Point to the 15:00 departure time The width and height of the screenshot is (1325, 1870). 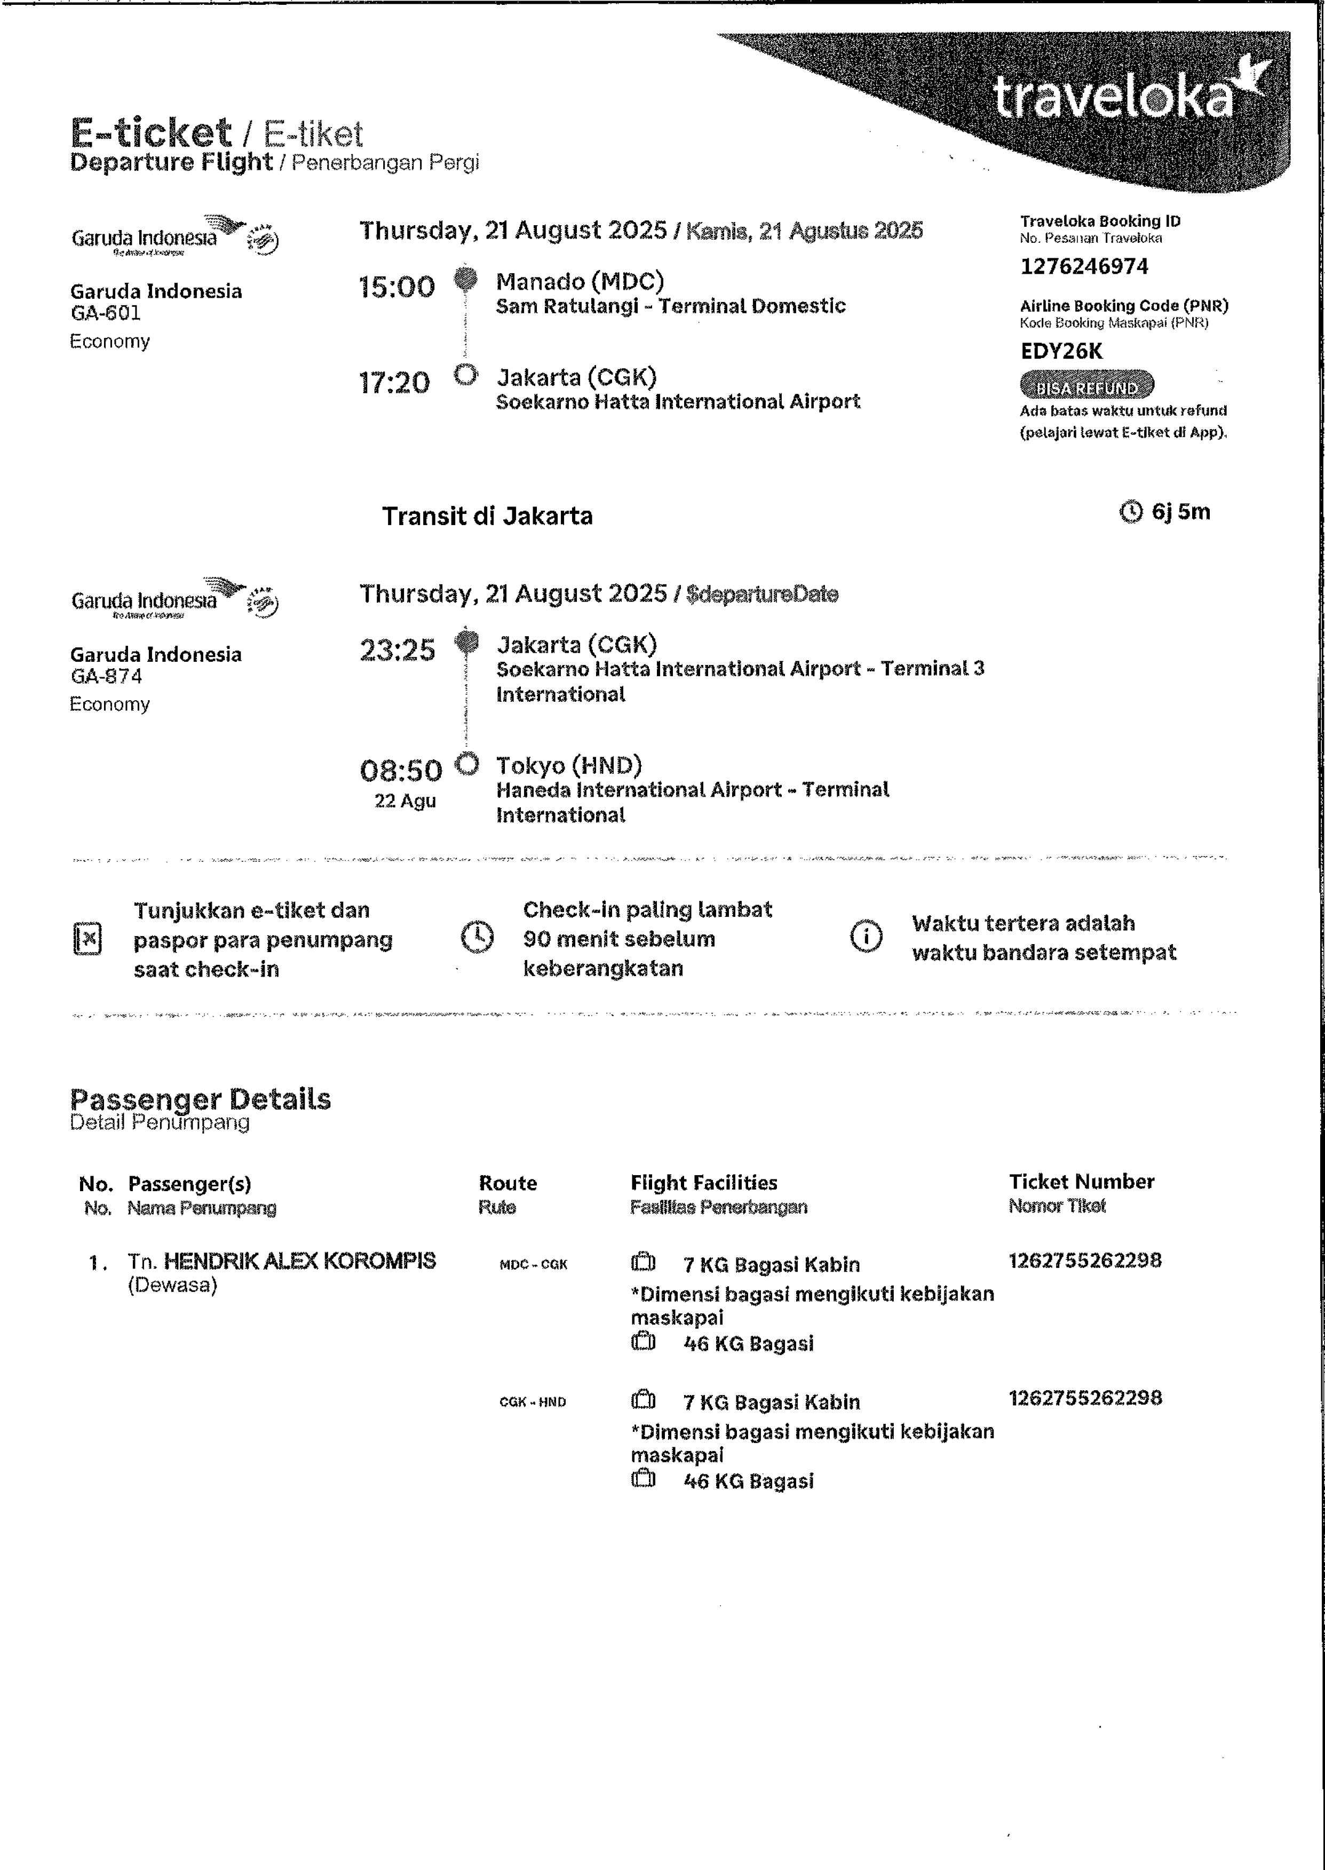pos(396,287)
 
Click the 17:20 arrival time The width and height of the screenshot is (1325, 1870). pos(394,383)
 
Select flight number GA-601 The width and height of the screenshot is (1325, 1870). pos(105,313)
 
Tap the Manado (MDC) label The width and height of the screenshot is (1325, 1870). pos(580,281)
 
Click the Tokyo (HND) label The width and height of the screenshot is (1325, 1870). pos(569,765)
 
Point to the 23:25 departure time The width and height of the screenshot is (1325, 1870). pos(398,650)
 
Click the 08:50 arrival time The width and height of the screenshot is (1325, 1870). pos(401,770)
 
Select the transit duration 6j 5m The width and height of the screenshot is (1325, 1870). pos(1180,512)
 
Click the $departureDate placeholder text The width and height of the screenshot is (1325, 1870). pos(762,594)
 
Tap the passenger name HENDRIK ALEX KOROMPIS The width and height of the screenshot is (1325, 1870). pos(299,1262)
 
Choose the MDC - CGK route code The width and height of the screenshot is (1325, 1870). pos(533,1265)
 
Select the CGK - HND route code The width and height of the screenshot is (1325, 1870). pos(533,1401)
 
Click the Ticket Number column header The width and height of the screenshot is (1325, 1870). pos(1081,1182)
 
